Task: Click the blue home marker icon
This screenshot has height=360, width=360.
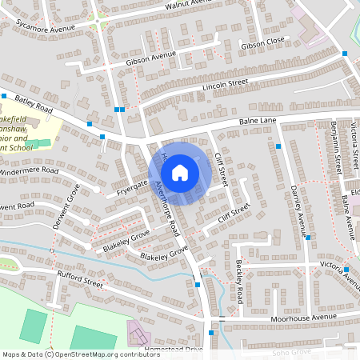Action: (x=180, y=172)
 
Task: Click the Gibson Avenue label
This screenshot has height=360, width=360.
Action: (x=150, y=58)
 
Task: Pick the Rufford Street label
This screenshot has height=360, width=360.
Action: (x=80, y=282)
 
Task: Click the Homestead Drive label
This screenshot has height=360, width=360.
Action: (x=175, y=350)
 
